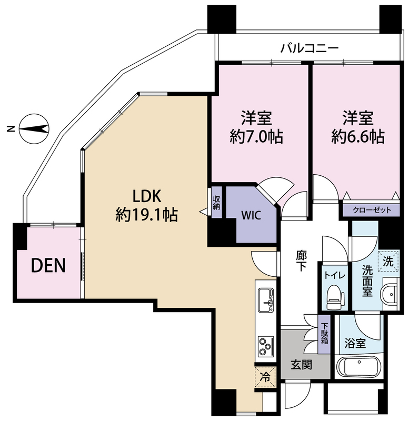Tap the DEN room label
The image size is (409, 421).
point(48,266)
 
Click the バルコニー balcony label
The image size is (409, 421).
point(309,49)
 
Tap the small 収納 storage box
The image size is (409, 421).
point(216,202)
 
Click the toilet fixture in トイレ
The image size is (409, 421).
point(334,299)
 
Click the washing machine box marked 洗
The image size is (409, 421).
point(388,260)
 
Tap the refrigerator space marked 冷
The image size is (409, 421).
point(266,377)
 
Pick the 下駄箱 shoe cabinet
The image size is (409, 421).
point(325,334)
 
